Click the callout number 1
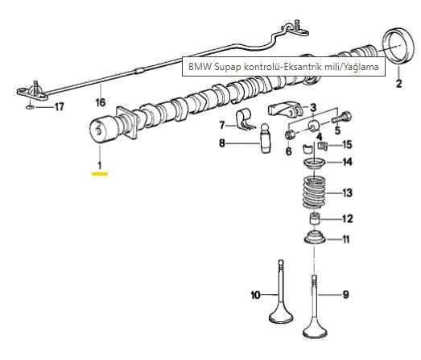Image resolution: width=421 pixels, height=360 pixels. (100, 166)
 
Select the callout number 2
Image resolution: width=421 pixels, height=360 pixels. (398, 83)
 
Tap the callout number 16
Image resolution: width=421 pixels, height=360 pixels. (100, 102)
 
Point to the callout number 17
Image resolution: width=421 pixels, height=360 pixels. (58, 106)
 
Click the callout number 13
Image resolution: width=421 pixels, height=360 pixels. (347, 193)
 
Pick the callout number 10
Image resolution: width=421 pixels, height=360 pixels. (255, 295)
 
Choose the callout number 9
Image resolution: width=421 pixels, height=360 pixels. (345, 295)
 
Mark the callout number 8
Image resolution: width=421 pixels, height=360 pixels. (223, 143)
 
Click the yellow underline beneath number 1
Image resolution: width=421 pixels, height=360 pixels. (100, 174)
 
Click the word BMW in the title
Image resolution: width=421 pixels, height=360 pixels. (199, 66)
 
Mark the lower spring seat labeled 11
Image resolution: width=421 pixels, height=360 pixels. (314, 239)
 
